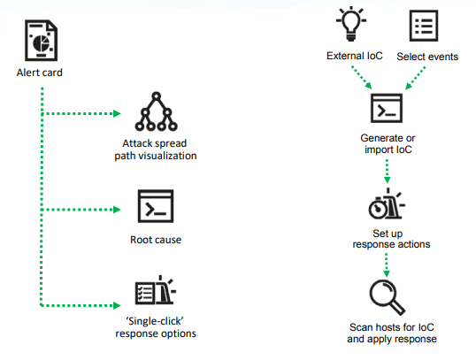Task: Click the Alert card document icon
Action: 41,41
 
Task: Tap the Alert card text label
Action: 40,73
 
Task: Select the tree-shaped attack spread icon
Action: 156,111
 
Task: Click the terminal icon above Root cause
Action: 156,206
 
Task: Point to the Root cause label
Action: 156,240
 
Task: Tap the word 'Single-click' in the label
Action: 155,321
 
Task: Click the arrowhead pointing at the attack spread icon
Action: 117,114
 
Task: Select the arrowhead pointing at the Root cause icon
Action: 117,210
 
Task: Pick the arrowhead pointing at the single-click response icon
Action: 117,305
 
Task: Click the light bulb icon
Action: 351,24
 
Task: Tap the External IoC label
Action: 355,56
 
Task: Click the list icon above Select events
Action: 424,26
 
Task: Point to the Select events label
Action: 427,57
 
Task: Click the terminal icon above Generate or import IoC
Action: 387,108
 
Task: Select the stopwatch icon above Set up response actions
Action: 387,203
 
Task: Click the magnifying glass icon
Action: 387,297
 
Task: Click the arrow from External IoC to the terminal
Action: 362,78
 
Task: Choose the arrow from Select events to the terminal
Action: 415,79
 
